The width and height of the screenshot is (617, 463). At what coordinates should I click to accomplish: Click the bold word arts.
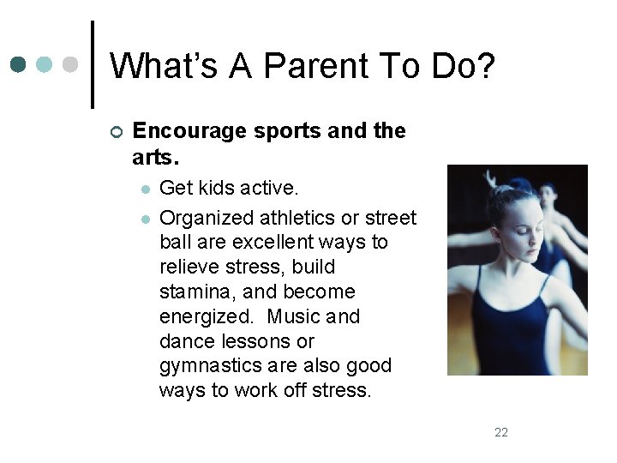(x=155, y=158)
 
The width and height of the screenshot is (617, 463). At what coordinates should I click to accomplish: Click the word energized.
(x=206, y=316)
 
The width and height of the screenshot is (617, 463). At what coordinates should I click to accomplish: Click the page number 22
(x=501, y=432)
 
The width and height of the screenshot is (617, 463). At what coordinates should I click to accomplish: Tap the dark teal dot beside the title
(x=19, y=65)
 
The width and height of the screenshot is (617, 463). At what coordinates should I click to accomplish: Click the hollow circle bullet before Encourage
(x=117, y=132)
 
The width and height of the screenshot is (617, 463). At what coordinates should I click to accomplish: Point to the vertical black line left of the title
(x=92, y=65)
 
